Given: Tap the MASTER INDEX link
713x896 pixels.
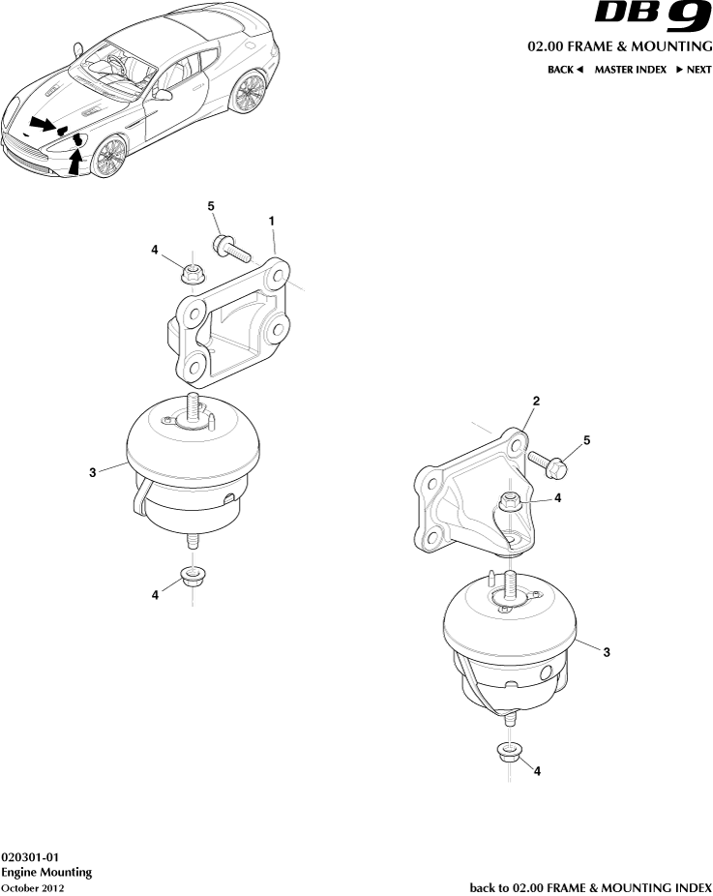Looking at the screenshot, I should point(630,70).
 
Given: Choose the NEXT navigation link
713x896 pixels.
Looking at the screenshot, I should point(693,70).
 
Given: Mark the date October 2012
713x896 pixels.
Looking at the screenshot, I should point(32,887).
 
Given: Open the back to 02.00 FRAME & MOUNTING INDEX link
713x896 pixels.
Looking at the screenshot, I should point(590,886).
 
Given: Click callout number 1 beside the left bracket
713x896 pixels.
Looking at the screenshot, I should point(273,222).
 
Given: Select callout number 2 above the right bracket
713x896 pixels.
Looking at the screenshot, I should point(536,400).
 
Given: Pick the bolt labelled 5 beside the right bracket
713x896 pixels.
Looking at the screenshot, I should point(554,463).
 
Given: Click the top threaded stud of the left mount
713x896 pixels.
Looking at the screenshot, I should point(192,404).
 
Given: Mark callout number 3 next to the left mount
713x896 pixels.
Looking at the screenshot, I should point(93,473).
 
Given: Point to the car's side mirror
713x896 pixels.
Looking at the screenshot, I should point(163,94).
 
